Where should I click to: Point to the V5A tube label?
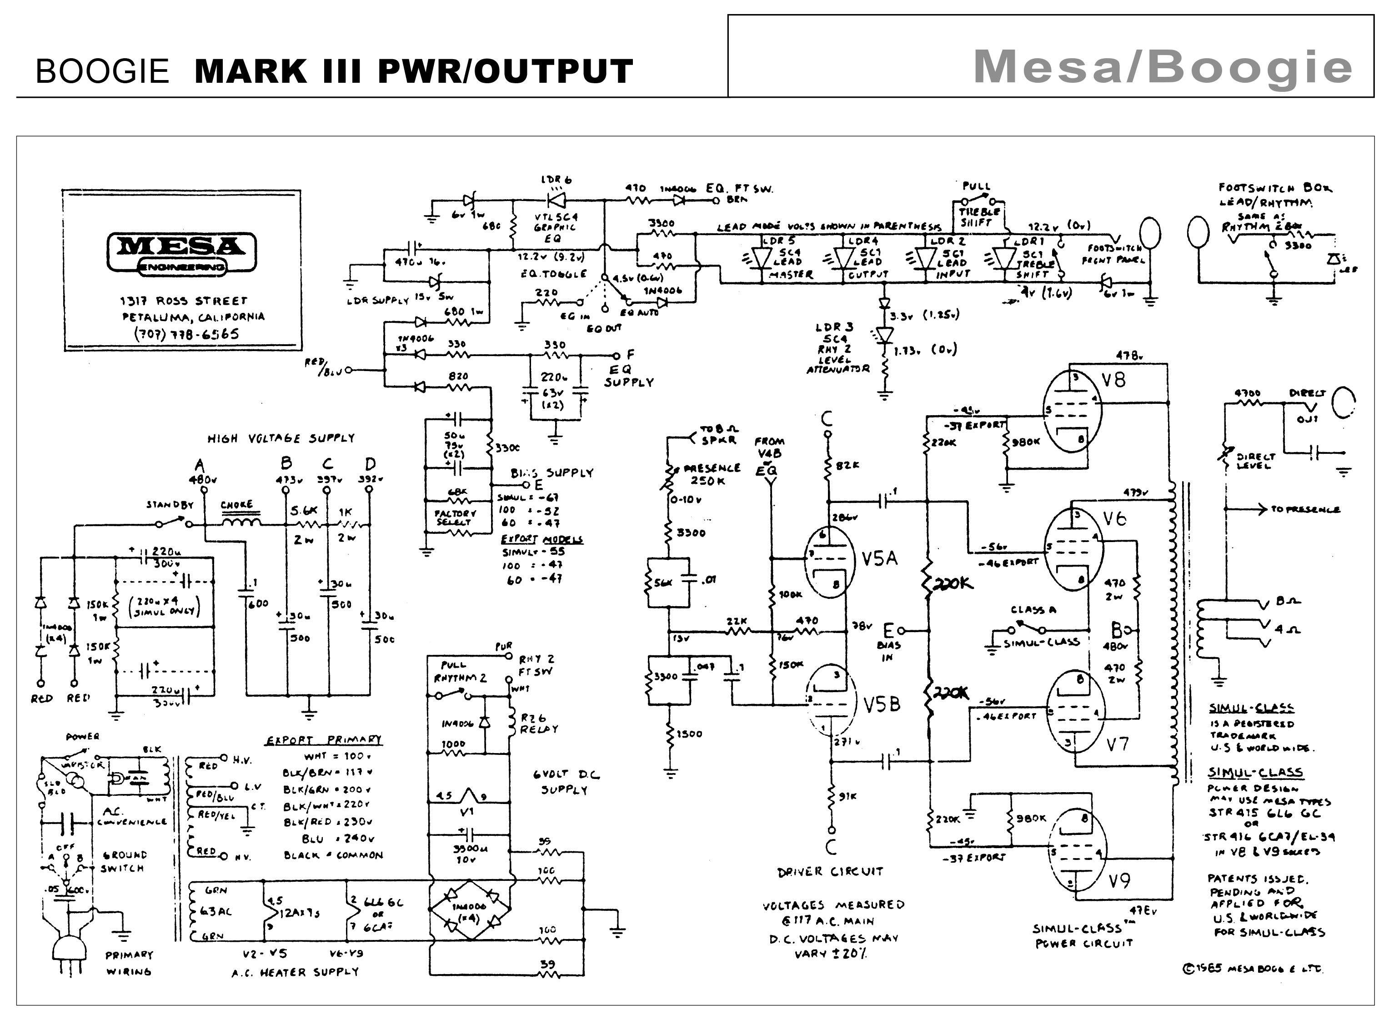point(879,558)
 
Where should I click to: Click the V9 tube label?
point(1119,881)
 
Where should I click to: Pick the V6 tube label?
point(1115,519)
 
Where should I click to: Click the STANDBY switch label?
point(170,505)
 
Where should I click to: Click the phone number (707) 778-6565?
point(186,334)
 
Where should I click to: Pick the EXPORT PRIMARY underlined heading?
point(323,740)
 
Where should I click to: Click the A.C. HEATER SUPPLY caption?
point(295,972)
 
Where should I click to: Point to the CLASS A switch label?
point(1033,610)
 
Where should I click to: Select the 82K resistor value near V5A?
point(848,465)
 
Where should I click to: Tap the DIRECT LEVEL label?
point(1255,461)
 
